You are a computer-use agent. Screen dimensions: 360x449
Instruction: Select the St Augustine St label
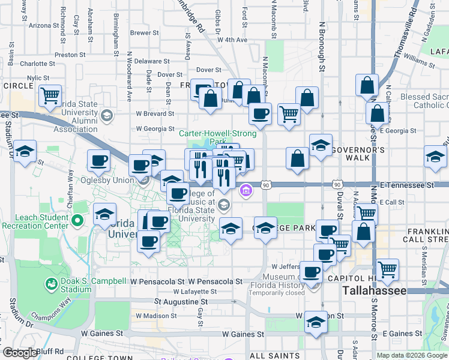click(181, 302)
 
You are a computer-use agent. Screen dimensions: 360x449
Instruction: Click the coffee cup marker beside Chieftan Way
click(98, 160)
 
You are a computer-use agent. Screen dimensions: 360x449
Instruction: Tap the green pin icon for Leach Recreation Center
click(77, 221)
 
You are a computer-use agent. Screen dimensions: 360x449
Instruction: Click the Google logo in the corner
click(20, 353)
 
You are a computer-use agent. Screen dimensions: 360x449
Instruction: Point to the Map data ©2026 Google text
click(412, 355)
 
